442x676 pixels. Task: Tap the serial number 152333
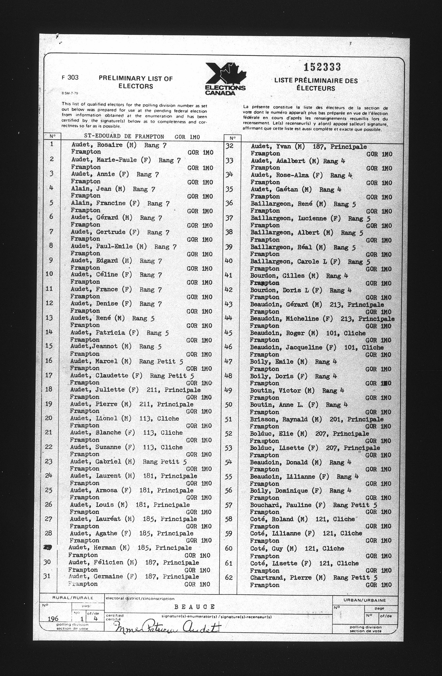pos(322,67)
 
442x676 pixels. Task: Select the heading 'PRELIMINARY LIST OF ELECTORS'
pos(136,82)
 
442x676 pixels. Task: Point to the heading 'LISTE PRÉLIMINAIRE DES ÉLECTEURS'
pos(316,84)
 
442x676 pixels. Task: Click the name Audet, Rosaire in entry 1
pos(97,145)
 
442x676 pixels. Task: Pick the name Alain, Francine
pos(98,203)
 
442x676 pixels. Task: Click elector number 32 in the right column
pos(229,146)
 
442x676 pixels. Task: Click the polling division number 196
pos(53,618)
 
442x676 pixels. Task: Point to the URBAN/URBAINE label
pos(365,600)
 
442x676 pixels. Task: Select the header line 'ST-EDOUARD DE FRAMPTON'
pos(124,137)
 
